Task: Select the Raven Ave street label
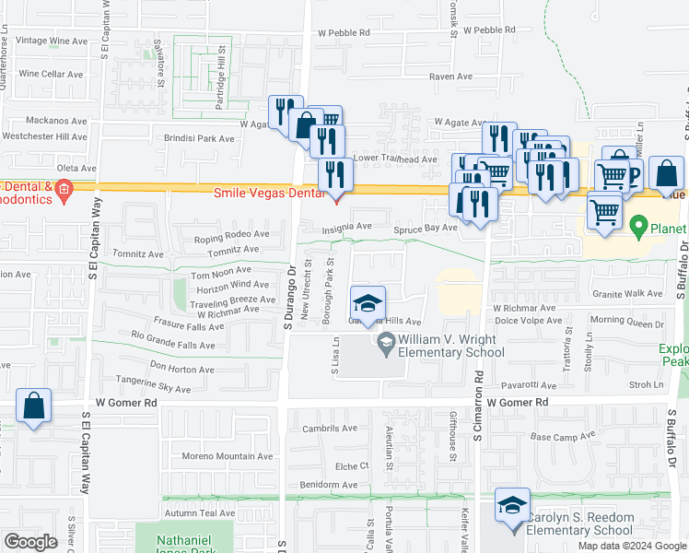450,76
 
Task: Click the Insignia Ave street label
347,227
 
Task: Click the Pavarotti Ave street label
528,385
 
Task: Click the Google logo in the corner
29,542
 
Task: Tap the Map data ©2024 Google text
633,546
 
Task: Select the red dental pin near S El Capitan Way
63,193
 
